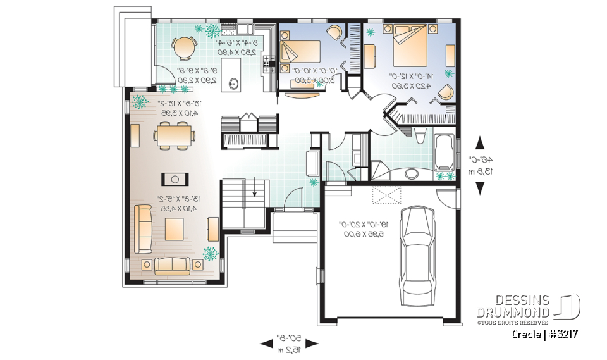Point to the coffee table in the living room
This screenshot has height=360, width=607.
pyautogui.click(x=175, y=228)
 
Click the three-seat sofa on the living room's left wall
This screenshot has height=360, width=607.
pyautogui.click(x=142, y=228)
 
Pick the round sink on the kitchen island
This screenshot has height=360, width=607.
pyautogui.click(x=235, y=82)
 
